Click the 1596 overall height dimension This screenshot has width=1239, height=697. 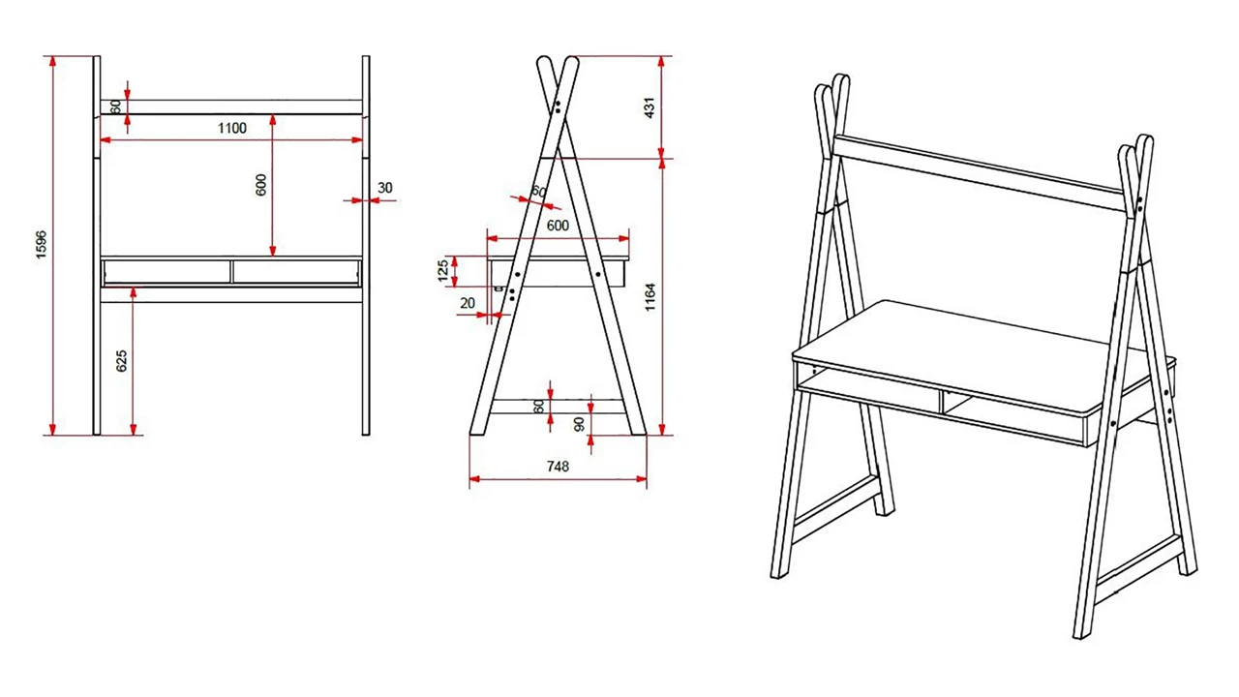coord(41,245)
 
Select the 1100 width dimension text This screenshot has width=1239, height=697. coord(231,128)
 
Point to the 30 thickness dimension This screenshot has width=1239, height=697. coord(385,188)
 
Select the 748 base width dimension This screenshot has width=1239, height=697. coord(557,466)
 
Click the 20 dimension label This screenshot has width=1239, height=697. coord(468,303)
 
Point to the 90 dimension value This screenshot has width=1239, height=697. coord(579,423)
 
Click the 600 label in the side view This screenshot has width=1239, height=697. coord(558,226)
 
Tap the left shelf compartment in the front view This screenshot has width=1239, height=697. coord(166,271)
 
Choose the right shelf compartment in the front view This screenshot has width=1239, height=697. coord(296,271)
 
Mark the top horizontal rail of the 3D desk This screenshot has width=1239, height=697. coord(978,170)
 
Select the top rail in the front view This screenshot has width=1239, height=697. coord(231,106)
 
